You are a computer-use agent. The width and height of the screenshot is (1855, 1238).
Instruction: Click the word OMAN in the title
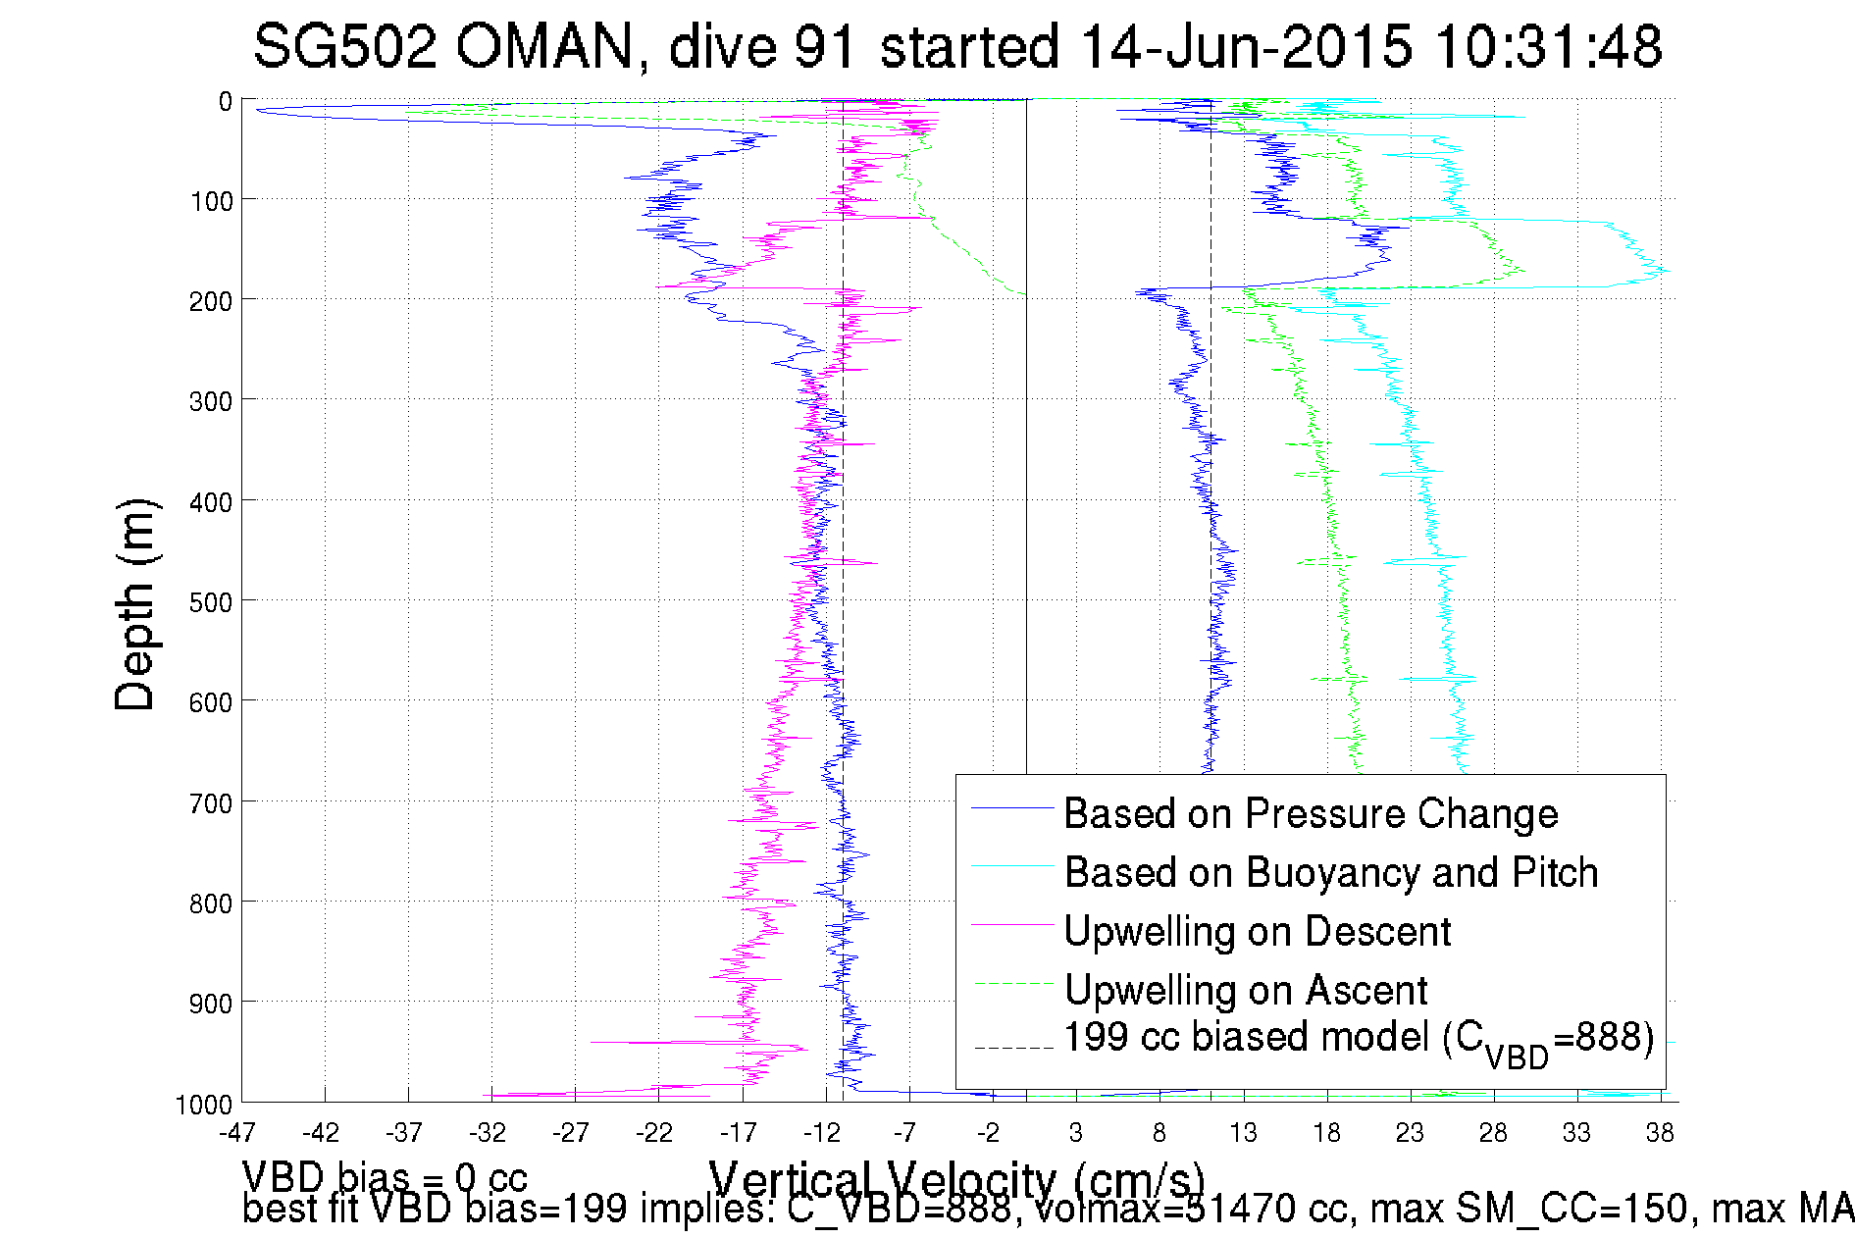[x=544, y=46]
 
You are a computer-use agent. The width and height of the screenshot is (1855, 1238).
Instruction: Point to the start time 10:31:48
[x=1548, y=46]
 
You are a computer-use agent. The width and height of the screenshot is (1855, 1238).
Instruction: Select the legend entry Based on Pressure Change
[x=1311, y=813]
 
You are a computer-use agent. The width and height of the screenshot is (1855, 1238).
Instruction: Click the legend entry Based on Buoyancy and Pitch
[x=1331, y=872]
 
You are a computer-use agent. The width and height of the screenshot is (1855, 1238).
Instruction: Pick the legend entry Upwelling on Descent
[x=1257, y=931]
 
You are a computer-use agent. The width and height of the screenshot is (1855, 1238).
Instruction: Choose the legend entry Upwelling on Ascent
[x=1246, y=990]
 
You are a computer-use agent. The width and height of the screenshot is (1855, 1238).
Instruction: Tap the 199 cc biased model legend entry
[x=1359, y=1038]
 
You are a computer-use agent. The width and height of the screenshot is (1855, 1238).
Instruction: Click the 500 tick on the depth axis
[x=211, y=602]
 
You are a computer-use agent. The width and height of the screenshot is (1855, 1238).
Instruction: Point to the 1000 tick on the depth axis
[x=204, y=1105]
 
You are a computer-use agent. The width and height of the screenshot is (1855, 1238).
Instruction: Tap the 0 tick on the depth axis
[x=226, y=101]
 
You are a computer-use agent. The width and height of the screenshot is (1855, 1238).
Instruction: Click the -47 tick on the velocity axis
[x=237, y=1133]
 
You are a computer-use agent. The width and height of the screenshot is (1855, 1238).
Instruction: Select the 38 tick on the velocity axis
[x=1660, y=1133]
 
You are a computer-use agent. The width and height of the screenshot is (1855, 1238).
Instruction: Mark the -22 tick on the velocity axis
[x=654, y=1133]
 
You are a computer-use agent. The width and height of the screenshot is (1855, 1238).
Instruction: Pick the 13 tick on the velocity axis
[x=1243, y=1133]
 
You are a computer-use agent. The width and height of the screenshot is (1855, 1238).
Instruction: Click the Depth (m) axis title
[x=135, y=604]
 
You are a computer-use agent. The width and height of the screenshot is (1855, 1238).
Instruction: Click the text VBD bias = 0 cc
[x=385, y=1176]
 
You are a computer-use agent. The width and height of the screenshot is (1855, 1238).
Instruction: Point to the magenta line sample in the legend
[x=1012, y=925]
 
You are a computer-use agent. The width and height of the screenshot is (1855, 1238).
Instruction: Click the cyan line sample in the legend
[x=1012, y=866]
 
